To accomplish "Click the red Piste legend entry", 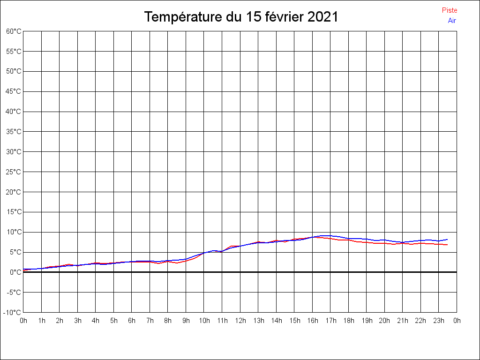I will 449,10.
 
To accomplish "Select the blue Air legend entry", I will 452,21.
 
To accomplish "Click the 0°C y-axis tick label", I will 15,272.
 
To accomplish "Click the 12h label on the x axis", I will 240,321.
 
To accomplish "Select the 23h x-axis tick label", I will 439,321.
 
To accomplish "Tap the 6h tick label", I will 132,321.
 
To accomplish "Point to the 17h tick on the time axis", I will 330,321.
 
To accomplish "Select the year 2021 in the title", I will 322,17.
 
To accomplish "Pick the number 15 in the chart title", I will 252,17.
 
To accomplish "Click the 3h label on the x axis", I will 77,321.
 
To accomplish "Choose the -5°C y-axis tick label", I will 14,292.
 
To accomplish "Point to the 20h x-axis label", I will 384,321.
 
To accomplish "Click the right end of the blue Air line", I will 447,240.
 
